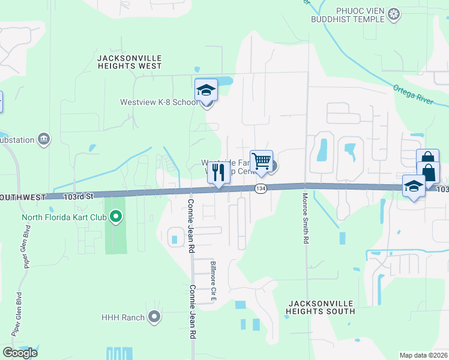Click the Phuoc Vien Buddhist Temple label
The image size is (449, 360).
[x=348, y=14]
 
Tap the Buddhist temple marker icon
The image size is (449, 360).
[x=394, y=14]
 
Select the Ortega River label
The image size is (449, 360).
[x=413, y=94]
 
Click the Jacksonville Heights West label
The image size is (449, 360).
[x=129, y=62]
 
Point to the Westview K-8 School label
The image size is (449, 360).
[x=158, y=102]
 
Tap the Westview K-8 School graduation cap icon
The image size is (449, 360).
[x=206, y=91]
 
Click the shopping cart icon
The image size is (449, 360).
[x=262, y=161]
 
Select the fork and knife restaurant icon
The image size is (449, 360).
[x=218, y=173]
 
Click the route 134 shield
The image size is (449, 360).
[x=260, y=188]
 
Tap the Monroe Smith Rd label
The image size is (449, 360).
[x=306, y=218]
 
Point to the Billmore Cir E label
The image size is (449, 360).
[x=212, y=280]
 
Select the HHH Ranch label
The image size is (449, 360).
[x=123, y=317]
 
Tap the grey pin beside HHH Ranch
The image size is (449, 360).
[x=155, y=317]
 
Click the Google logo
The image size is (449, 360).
[x=20, y=353]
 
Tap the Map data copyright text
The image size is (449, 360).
[x=424, y=355]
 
